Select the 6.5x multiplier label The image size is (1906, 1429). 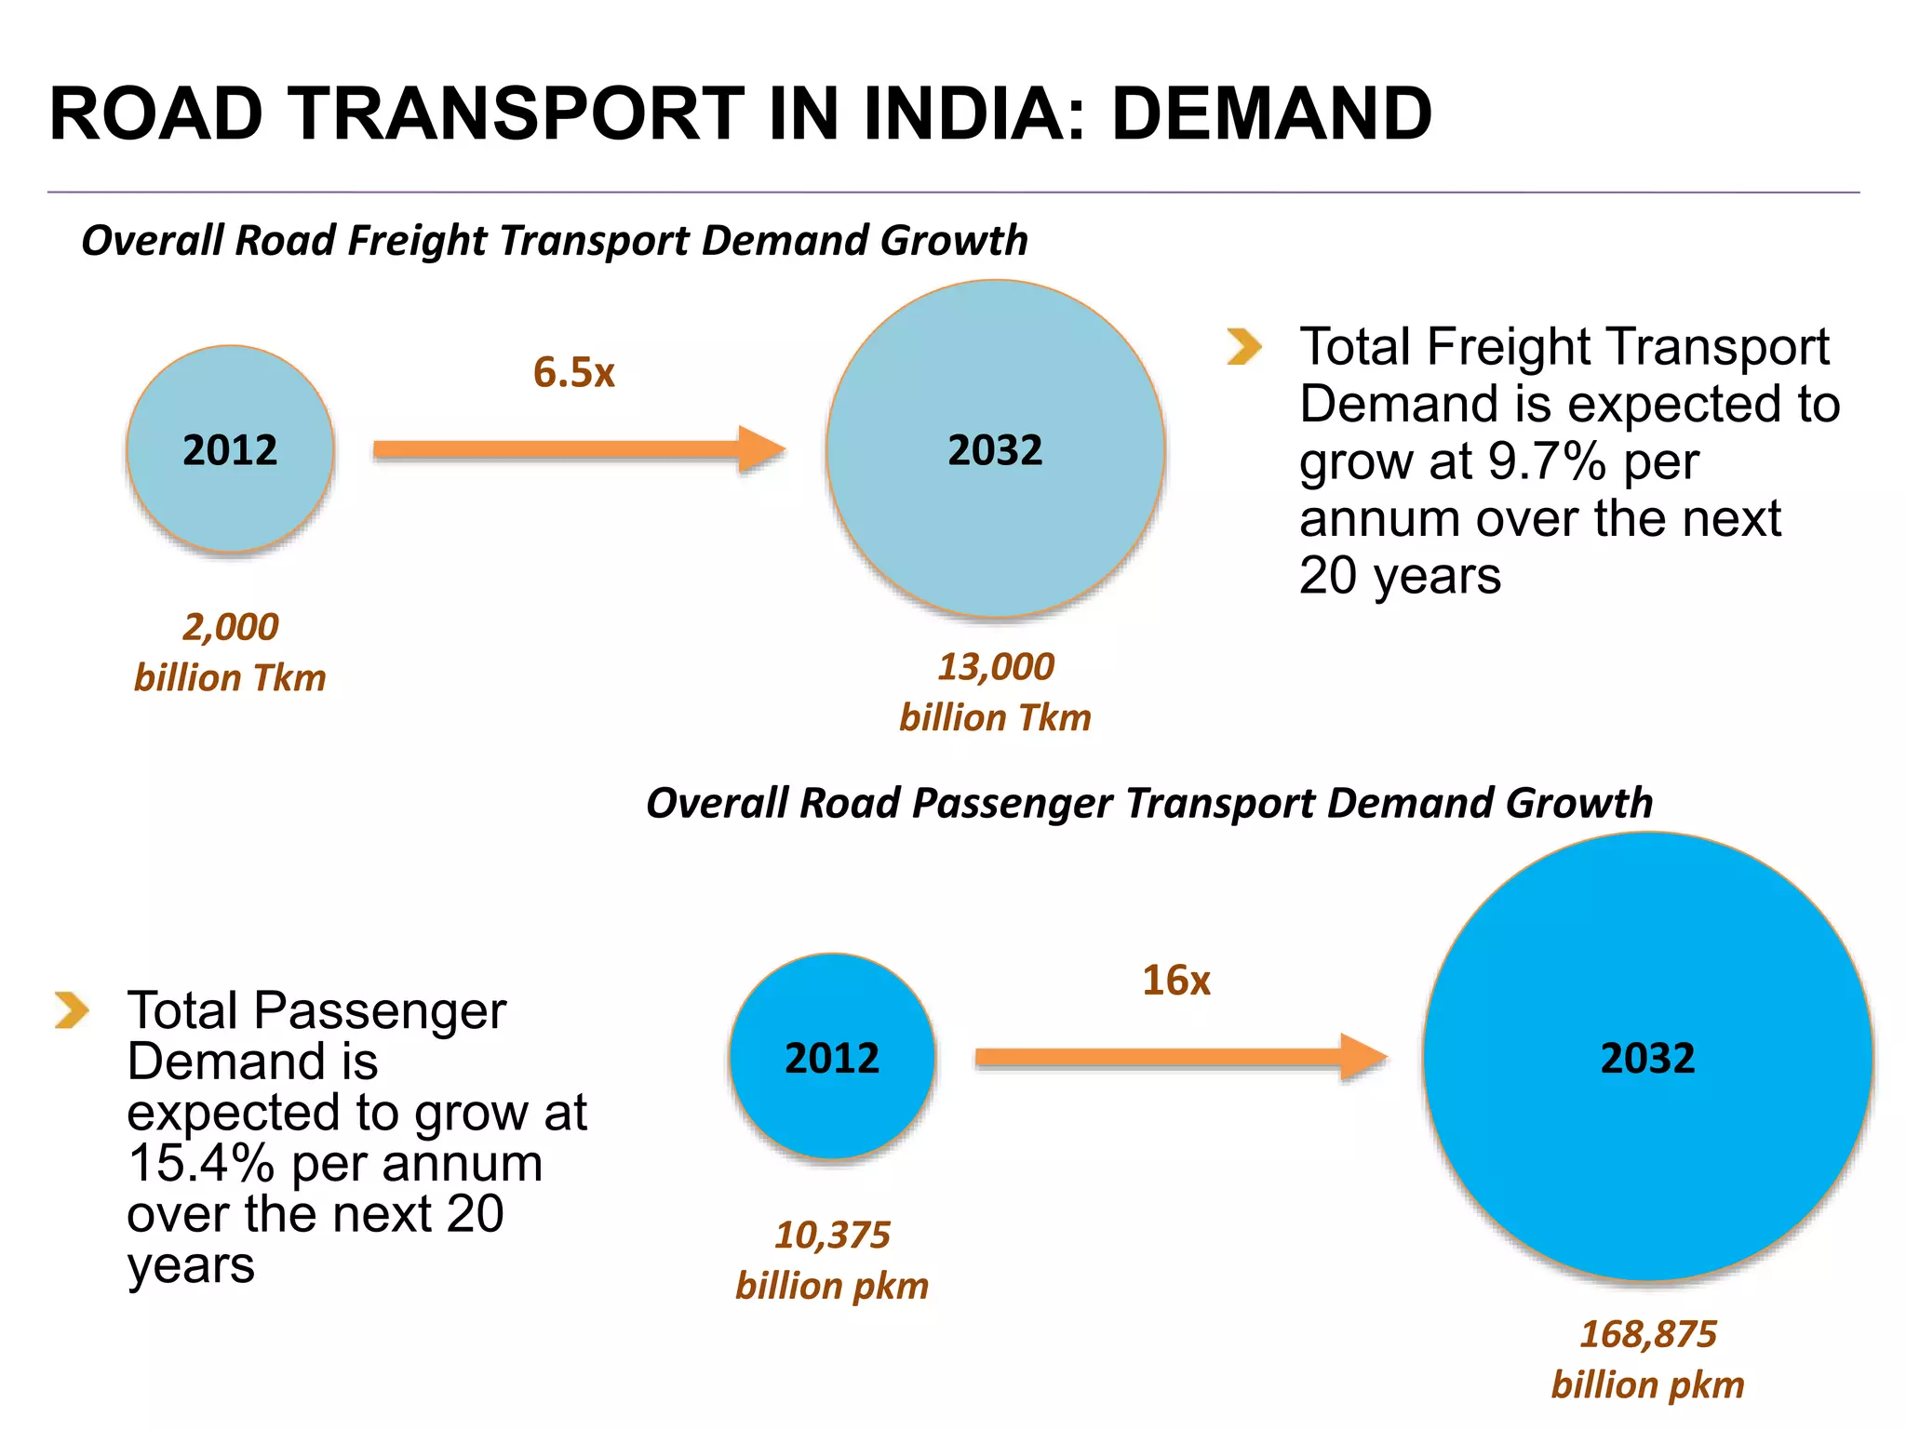point(573,372)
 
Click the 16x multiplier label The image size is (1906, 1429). point(1175,981)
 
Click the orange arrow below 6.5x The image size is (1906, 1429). point(578,450)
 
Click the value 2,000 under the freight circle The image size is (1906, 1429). point(230,627)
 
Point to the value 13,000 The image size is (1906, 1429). point(995,667)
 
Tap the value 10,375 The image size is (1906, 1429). point(832,1235)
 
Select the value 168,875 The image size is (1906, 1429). point(1647,1334)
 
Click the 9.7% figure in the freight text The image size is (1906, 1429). point(1546,461)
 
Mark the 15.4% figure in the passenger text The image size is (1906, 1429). point(200,1163)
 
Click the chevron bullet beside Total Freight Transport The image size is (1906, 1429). point(1244,347)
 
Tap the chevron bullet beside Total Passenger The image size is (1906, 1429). point(72,1010)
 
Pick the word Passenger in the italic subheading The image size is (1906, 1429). point(1012,804)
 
